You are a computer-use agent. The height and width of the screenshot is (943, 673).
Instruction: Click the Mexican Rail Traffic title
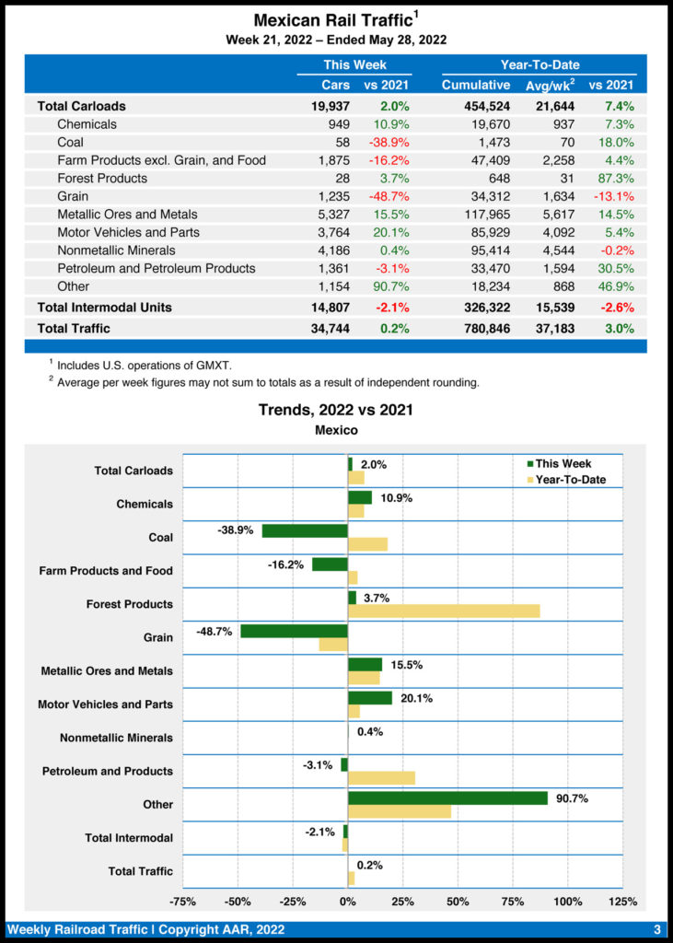(336, 19)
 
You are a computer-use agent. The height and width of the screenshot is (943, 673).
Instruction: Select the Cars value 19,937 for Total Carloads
(331, 106)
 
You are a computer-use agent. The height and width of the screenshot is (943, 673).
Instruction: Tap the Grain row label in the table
(73, 196)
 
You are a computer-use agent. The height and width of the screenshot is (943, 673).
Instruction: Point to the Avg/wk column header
(550, 86)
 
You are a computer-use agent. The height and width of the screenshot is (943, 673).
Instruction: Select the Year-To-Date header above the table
(539, 65)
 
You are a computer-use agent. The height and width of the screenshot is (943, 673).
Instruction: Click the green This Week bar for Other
(447, 797)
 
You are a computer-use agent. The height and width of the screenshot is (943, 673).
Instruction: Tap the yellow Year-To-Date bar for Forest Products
(444, 611)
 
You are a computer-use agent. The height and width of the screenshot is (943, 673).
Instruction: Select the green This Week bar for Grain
(294, 631)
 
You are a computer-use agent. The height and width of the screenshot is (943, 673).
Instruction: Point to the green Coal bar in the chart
(305, 531)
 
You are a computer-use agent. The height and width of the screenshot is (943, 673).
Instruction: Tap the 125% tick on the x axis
(622, 902)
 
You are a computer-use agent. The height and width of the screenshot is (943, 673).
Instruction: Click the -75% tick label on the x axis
(183, 902)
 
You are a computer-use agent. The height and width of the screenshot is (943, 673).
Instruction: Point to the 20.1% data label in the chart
(416, 698)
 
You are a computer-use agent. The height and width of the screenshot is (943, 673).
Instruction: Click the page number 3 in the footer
(657, 929)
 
